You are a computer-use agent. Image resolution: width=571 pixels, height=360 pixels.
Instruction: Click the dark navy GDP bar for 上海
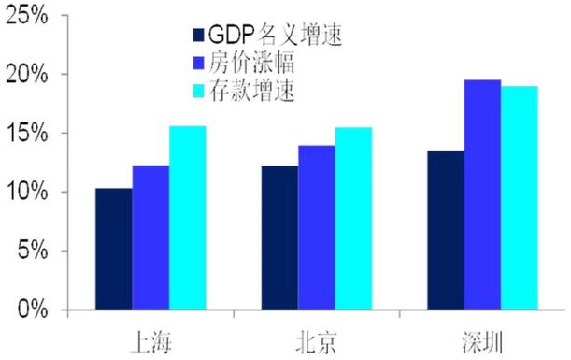(x=113, y=249)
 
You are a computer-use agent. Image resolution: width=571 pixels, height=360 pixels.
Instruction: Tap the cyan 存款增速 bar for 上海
(x=187, y=218)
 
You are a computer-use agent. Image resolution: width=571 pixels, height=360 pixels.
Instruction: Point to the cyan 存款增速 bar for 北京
(x=353, y=219)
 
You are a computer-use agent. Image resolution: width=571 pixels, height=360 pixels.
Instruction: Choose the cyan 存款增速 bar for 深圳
(x=520, y=198)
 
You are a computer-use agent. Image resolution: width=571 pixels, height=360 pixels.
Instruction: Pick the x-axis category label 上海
(x=150, y=337)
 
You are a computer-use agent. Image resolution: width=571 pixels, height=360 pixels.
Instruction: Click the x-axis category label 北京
(x=316, y=337)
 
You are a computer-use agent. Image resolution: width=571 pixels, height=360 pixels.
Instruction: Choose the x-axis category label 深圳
(x=483, y=337)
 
